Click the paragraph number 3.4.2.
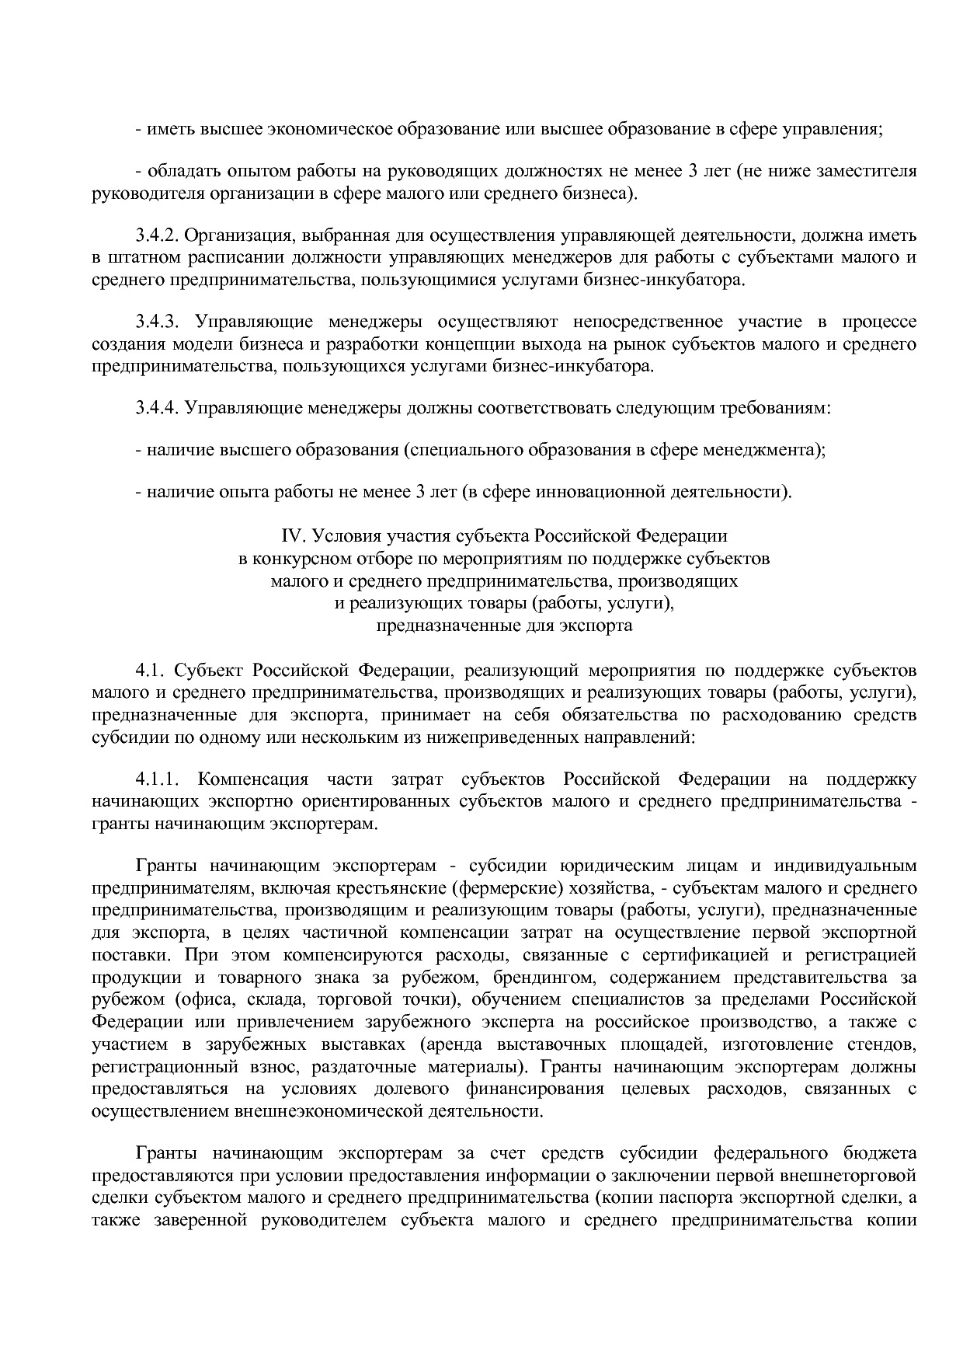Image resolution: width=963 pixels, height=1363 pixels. click(157, 235)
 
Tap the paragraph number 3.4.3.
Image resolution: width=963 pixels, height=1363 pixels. click(157, 322)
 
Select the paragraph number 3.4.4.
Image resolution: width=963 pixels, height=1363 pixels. click(157, 408)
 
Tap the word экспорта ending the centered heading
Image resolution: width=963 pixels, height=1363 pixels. click(596, 625)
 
